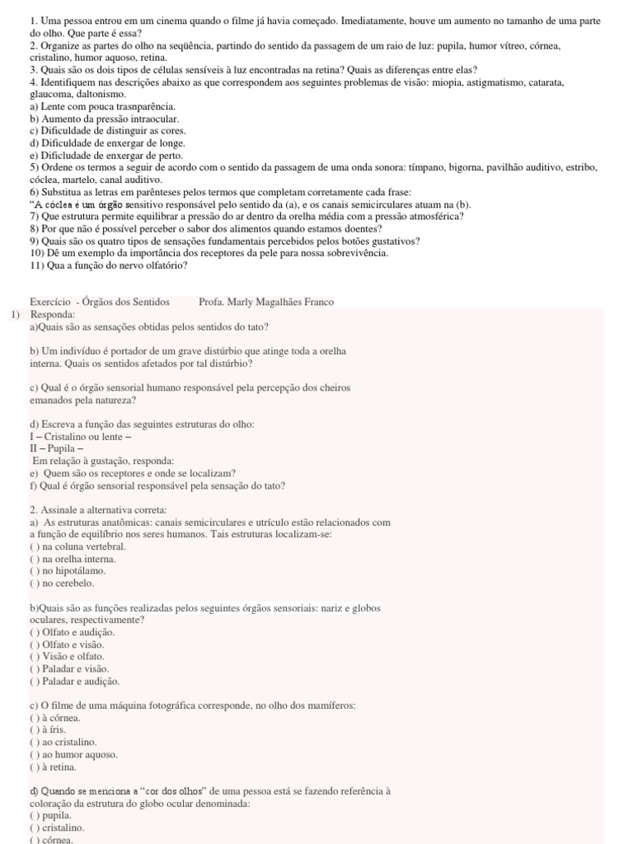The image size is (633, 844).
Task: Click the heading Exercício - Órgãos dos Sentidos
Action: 100,302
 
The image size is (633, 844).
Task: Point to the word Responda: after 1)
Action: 53,315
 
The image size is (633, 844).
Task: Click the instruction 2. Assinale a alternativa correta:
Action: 98,510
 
